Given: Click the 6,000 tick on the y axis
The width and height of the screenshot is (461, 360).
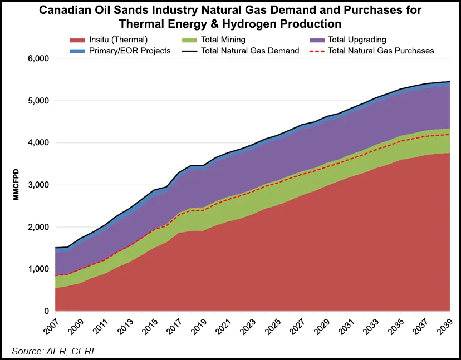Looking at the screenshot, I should (x=38, y=58).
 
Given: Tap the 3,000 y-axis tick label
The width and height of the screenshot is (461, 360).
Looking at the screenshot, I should (x=38, y=185).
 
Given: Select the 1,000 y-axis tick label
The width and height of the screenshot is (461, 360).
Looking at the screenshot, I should (x=38, y=269).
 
